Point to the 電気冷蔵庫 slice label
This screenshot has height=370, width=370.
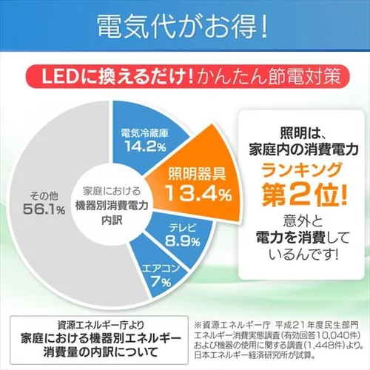[x=144, y=135]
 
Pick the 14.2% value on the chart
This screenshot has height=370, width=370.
[x=144, y=147]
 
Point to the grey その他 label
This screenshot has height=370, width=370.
[x=44, y=195]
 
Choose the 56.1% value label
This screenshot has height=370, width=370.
[x=44, y=209]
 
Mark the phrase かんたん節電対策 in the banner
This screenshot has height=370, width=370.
[x=252, y=75]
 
